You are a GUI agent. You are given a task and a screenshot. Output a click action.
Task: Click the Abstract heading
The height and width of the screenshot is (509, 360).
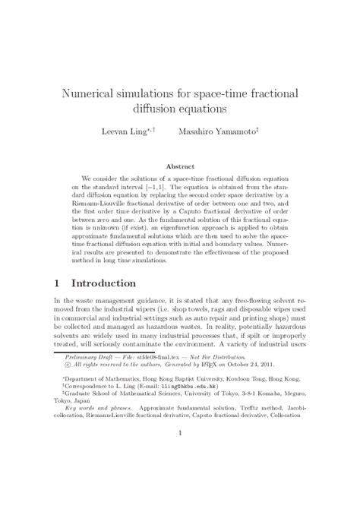[x=180, y=164]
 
